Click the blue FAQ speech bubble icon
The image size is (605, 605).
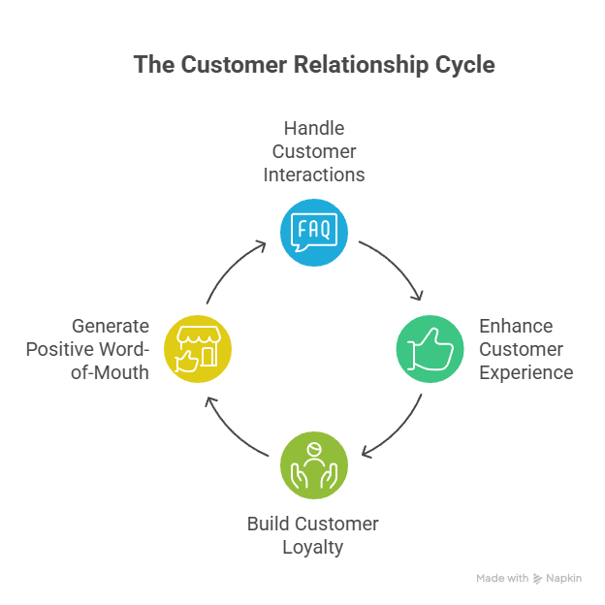coord(313,232)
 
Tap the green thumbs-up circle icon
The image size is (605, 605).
coord(430,348)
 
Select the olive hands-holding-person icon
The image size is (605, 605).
coord(313,463)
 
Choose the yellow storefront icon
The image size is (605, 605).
coord(198,348)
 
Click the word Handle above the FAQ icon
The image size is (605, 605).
coord(313,128)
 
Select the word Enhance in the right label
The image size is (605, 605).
coord(515,326)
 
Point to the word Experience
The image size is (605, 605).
coord(525,372)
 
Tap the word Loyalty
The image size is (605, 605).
coord(313,548)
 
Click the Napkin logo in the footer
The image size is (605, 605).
coord(557,579)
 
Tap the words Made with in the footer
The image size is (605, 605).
coord(502,579)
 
